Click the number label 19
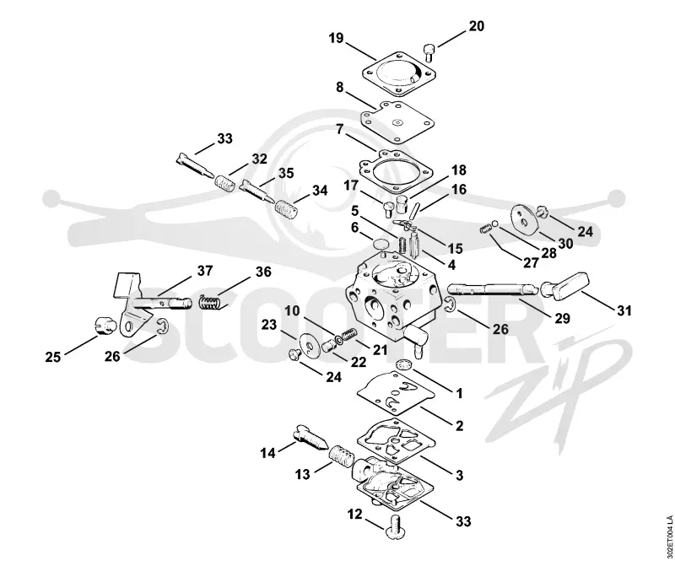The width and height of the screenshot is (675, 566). (x=336, y=38)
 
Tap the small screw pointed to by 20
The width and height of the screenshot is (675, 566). (x=429, y=52)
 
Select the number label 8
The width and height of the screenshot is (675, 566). (x=340, y=88)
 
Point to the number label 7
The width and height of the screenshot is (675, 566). (x=340, y=129)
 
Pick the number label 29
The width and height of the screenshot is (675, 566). (x=562, y=318)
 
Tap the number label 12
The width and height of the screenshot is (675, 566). (x=354, y=515)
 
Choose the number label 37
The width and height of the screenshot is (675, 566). (x=205, y=271)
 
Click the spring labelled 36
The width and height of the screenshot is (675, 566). (x=212, y=301)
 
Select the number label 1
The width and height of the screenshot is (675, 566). (x=459, y=393)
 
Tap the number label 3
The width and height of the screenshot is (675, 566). (x=459, y=475)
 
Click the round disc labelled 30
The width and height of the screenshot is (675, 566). (x=525, y=219)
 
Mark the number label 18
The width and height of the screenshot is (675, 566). (x=459, y=170)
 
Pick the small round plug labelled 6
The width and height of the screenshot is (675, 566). (x=379, y=245)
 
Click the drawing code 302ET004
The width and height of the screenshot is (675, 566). (x=669, y=536)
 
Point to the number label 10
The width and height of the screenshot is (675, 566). (x=292, y=310)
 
